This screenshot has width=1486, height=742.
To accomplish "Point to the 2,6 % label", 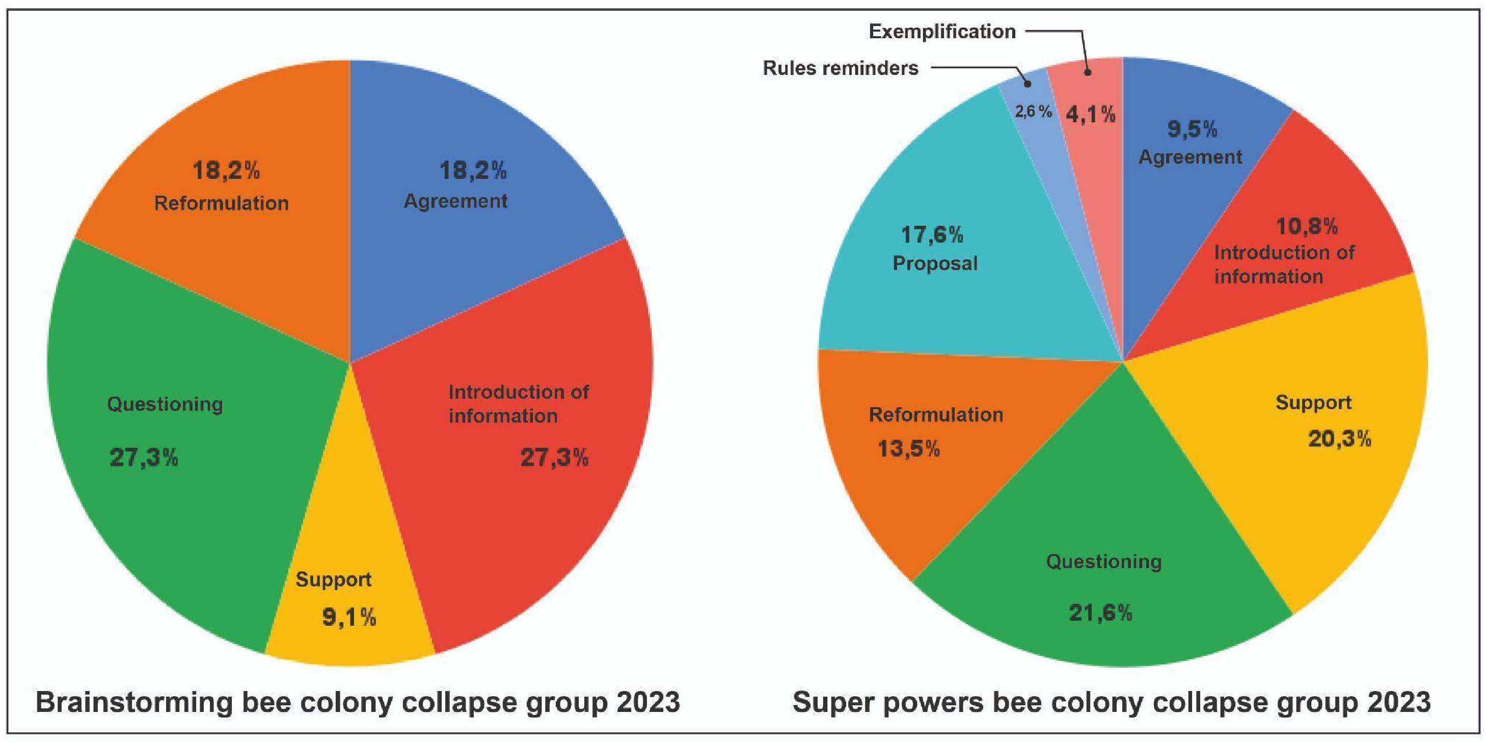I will pyautogui.click(x=1033, y=112).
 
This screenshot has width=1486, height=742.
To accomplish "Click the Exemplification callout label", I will pyautogui.click(x=942, y=32).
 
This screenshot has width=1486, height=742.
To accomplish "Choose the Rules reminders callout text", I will pyautogui.click(x=841, y=68).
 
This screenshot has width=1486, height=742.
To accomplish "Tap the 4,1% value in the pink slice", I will pyautogui.click(x=1090, y=115).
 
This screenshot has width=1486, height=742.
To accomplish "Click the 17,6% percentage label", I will pyautogui.click(x=932, y=235).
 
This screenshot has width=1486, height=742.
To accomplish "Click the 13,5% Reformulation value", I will pyautogui.click(x=908, y=448).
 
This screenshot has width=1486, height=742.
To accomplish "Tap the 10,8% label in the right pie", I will pyautogui.click(x=1307, y=226).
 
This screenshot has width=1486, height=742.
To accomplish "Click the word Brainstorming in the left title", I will pyautogui.click(x=134, y=702).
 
